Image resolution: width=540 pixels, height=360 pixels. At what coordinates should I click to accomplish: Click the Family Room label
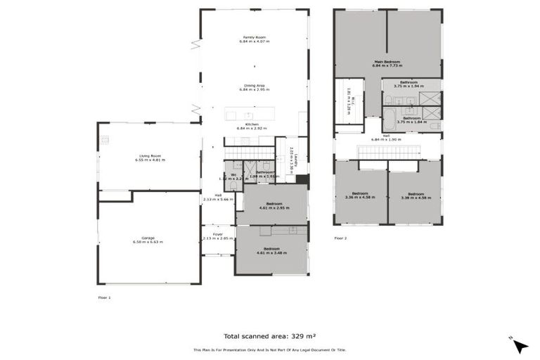(x=254, y=37)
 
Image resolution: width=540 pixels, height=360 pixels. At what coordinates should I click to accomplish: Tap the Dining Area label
(x=254, y=86)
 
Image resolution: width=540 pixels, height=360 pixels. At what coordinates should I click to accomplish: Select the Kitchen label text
(x=251, y=124)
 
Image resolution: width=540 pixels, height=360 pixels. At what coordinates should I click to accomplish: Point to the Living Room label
(x=148, y=156)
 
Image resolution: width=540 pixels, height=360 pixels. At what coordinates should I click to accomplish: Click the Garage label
(x=148, y=238)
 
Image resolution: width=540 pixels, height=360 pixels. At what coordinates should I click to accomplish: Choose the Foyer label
(x=217, y=234)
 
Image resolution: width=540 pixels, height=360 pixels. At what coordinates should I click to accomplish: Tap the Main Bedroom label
(x=387, y=61)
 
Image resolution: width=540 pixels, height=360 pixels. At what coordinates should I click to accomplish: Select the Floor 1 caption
(x=104, y=297)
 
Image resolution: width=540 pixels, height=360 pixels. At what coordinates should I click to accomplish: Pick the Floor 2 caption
(x=340, y=238)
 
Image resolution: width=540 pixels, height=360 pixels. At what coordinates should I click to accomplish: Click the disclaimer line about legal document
(x=270, y=349)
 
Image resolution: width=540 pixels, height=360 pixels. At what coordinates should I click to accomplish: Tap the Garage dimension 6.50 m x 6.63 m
(x=148, y=242)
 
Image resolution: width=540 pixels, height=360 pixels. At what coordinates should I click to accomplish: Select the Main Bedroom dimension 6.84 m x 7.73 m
(x=387, y=65)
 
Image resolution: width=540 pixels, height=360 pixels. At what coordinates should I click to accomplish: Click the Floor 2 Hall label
(x=386, y=136)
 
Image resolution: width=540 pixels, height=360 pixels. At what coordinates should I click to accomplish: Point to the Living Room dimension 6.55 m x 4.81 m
(x=148, y=160)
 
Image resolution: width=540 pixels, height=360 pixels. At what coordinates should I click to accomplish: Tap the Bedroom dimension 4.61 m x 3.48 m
(x=271, y=252)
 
